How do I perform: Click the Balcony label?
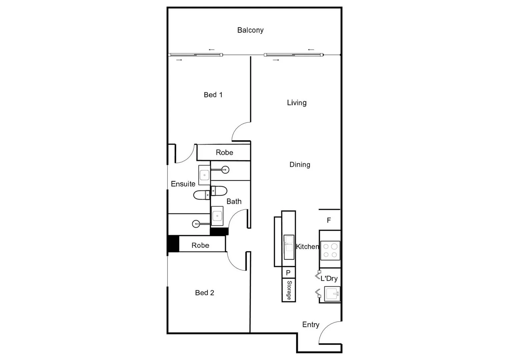250,30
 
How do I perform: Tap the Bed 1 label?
213,95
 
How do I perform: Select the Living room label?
297,103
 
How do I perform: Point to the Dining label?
300,165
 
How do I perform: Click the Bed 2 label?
204,293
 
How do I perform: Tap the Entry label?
311,325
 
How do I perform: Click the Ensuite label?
183,184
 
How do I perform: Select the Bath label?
234,202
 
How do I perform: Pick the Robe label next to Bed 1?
224,153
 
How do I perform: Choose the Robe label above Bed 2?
200,246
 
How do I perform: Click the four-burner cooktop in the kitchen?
330,251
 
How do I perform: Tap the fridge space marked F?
329,220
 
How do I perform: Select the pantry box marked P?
288,273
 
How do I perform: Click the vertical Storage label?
289,290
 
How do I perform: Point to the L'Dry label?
329,279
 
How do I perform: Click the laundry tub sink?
332,294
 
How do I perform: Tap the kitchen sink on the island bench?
289,247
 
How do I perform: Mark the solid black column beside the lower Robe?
173,244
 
